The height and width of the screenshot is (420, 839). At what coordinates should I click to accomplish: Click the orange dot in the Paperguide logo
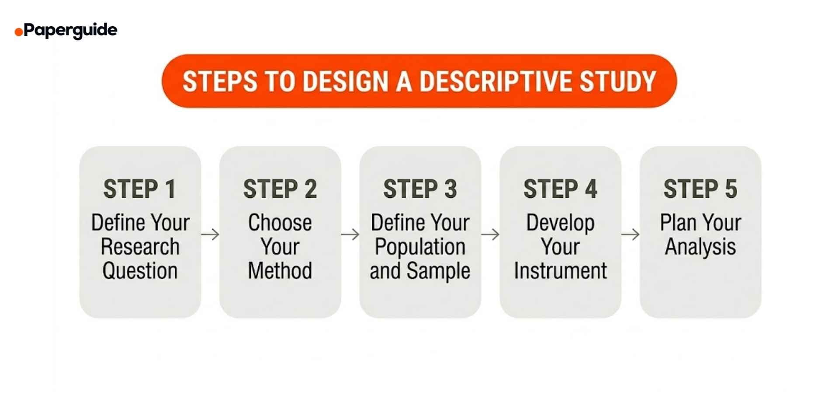pyautogui.click(x=19, y=32)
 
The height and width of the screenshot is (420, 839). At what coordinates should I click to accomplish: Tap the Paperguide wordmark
pyautogui.click(x=70, y=30)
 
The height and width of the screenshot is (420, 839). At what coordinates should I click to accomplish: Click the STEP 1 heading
pyautogui.click(x=140, y=189)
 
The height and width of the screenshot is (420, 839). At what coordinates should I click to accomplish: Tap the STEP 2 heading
pyautogui.click(x=280, y=189)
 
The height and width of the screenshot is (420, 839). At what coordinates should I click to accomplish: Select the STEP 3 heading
pyautogui.click(x=420, y=189)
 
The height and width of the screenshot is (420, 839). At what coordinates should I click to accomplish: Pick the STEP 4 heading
pyautogui.click(x=560, y=189)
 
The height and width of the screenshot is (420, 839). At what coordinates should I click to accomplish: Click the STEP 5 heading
pyautogui.click(x=700, y=189)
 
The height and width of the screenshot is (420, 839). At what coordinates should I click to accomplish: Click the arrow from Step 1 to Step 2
pyautogui.click(x=210, y=234)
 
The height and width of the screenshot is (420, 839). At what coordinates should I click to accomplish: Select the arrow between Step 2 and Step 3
pyautogui.click(x=350, y=234)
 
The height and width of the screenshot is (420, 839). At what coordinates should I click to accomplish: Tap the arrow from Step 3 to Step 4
pyautogui.click(x=490, y=234)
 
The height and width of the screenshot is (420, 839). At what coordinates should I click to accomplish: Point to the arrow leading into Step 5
pyautogui.click(x=630, y=234)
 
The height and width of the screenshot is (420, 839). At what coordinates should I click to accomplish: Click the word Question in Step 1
pyautogui.click(x=140, y=271)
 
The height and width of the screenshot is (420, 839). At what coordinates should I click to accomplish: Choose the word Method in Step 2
pyautogui.click(x=280, y=271)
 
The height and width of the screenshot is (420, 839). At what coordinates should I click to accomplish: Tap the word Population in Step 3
pyautogui.click(x=420, y=247)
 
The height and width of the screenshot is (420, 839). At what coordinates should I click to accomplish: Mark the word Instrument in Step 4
pyautogui.click(x=560, y=271)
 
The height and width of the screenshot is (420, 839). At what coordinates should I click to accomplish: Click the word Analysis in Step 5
pyautogui.click(x=700, y=247)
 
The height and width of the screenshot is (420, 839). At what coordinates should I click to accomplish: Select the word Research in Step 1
pyautogui.click(x=140, y=247)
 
